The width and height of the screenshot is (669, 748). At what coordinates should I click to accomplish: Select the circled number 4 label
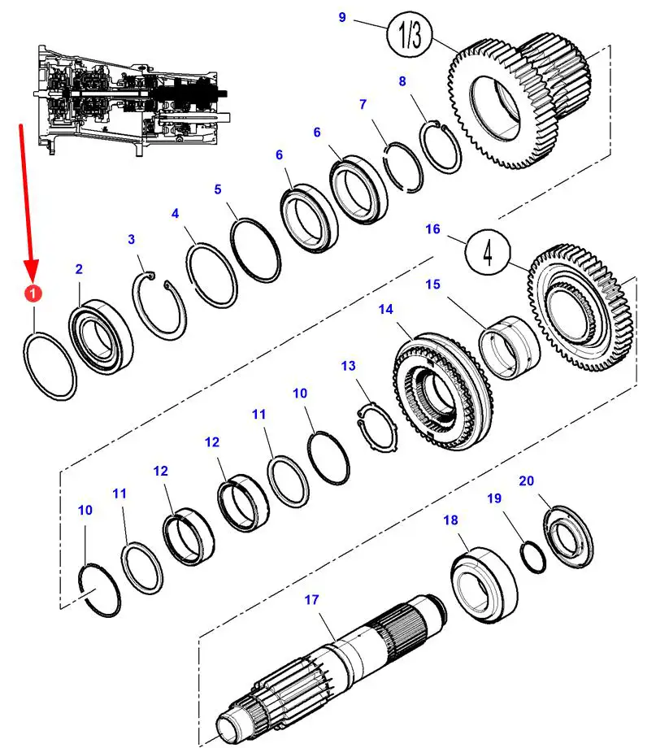pos(488,252)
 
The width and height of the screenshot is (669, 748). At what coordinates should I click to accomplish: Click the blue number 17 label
pos(312,600)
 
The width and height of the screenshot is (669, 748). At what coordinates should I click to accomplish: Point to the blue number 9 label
pos(342,17)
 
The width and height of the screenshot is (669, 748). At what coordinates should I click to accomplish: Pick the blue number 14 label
pos(385,309)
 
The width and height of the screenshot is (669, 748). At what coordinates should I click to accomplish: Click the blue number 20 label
pos(526,481)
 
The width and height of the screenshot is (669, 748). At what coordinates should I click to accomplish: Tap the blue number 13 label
pos(349,366)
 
